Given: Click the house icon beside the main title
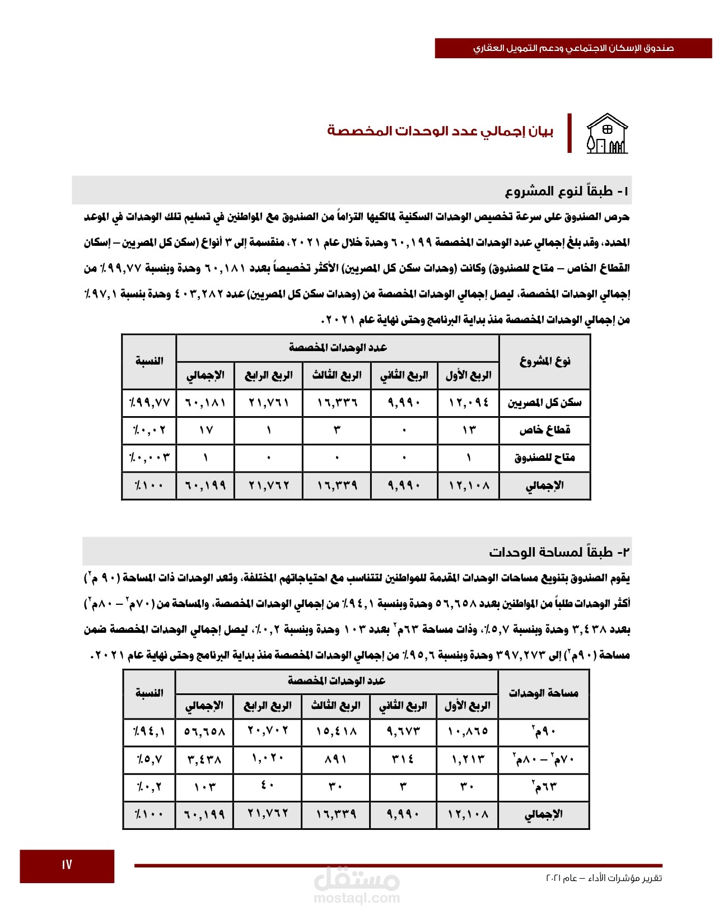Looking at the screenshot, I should pyautogui.click(x=607, y=134).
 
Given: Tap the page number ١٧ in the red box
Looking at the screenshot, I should pyautogui.click(x=67, y=865).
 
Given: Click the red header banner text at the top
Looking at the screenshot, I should pyautogui.click(x=573, y=48).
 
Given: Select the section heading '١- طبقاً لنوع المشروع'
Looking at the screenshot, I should pyautogui.click(x=566, y=192).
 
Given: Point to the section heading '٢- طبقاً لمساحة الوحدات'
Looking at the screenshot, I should pyautogui.click(x=559, y=552).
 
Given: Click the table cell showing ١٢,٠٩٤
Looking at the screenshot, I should pyautogui.click(x=468, y=403).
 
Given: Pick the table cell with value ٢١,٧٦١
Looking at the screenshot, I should pyautogui.click(x=269, y=403).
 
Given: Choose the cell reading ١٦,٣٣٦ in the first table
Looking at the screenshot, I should pyautogui.click(x=337, y=403).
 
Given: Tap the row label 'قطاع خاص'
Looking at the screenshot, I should pyautogui.click(x=544, y=430).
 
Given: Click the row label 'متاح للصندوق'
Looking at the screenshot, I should pyautogui.click(x=544, y=458).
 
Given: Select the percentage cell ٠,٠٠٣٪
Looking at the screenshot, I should pyautogui.click(x=149, y=458).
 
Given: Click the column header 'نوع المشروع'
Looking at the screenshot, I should pyautogui.click(x=544, y=361).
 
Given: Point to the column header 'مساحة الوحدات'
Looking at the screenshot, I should pyautogui.click(x=543, y=693).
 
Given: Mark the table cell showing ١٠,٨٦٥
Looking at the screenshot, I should pyautogui.click(x=467, y=731).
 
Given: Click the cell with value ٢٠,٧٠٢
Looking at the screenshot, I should pyautogui.click(x=268, y=731).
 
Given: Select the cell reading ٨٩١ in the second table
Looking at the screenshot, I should pyautogui.click(x=335, y=759).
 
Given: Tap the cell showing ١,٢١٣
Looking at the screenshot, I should pyautogui.click(x=467, y=759).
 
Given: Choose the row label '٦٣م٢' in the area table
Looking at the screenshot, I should pyautogui.click(x=544, y=787).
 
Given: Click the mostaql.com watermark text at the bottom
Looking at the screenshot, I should pyautogui.click(x=357, y=898).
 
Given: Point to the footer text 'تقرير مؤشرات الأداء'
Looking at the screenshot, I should pyautogui.click(x=622, y=878).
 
